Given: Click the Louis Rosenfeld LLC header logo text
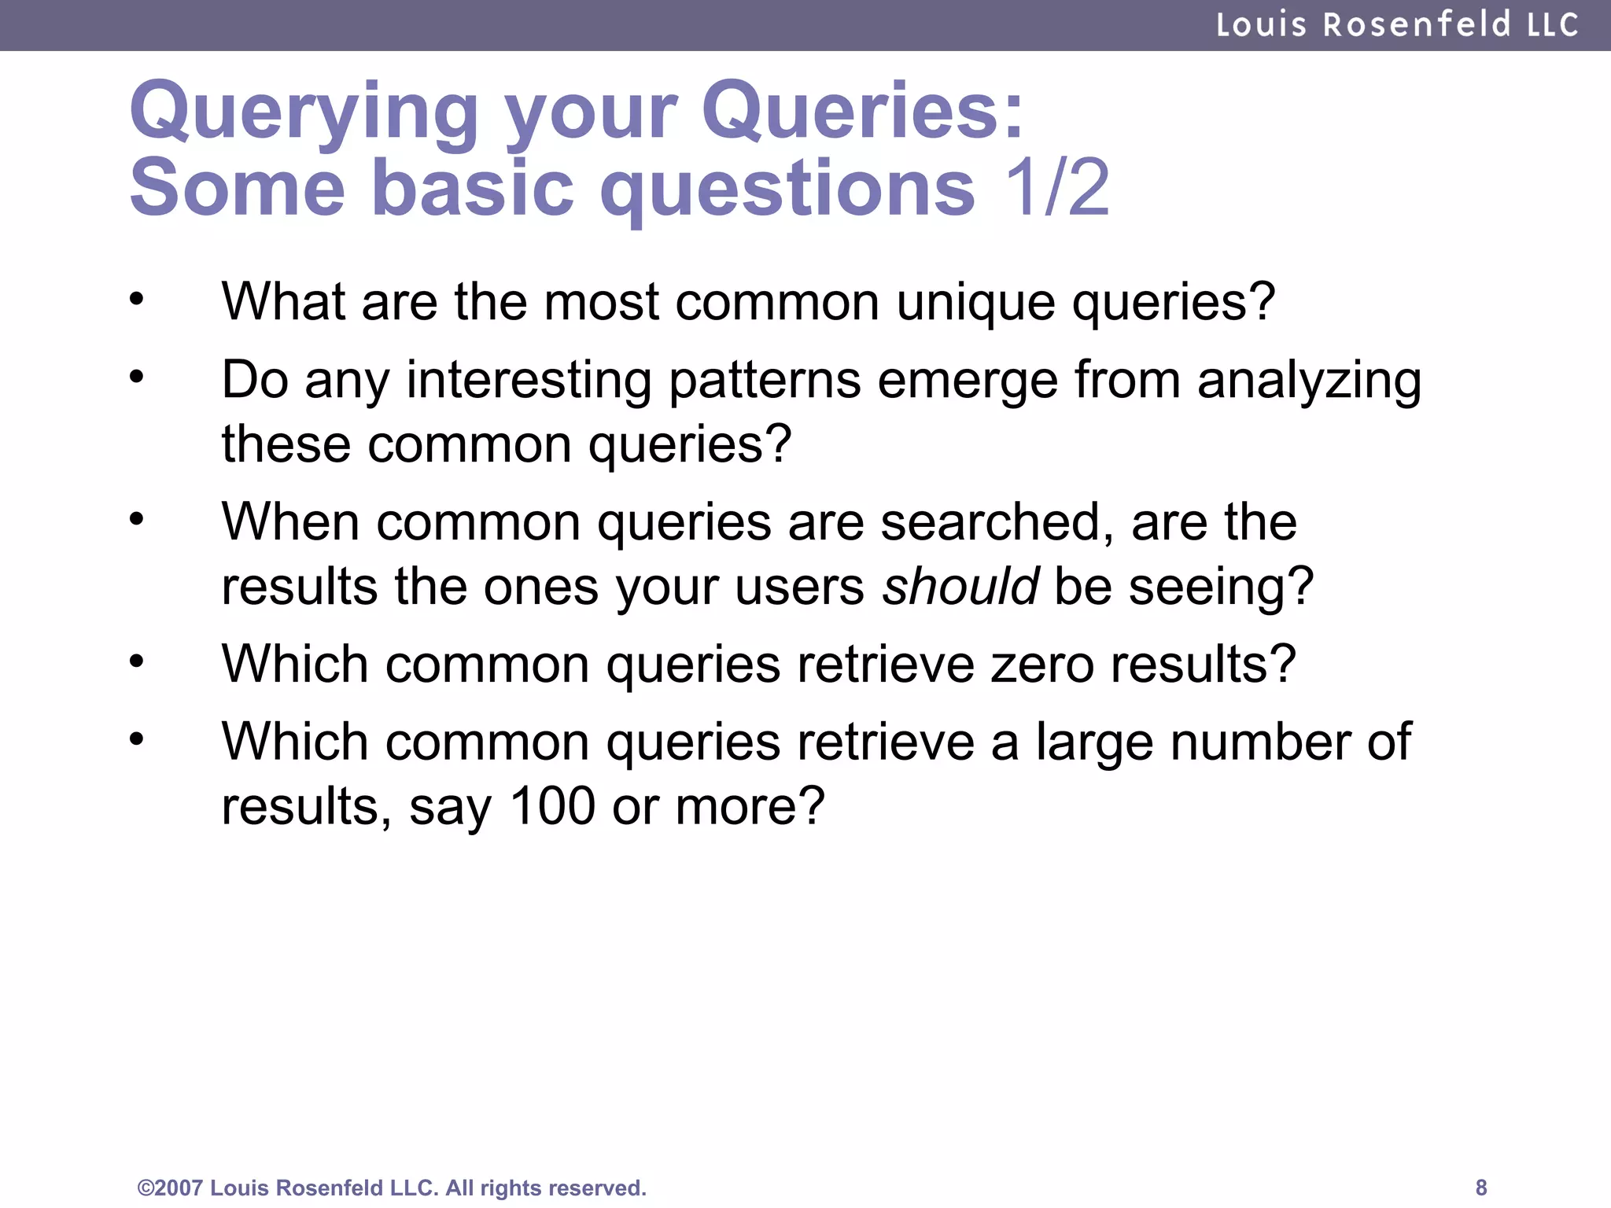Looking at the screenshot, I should (1397, 25).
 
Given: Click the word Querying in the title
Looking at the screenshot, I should (304, 112).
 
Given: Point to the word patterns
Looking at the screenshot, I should (764, 381).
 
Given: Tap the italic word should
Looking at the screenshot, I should (960, 587).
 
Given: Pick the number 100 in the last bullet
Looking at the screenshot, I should (552, 806).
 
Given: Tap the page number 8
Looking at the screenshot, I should (1481, 1187).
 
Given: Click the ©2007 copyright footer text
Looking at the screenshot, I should (392, 1188).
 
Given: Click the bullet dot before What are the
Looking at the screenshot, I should (137, 299).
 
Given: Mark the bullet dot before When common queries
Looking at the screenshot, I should (137, 519).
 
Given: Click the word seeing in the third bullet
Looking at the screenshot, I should (1220, 587).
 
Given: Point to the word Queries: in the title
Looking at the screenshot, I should (863, 112).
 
